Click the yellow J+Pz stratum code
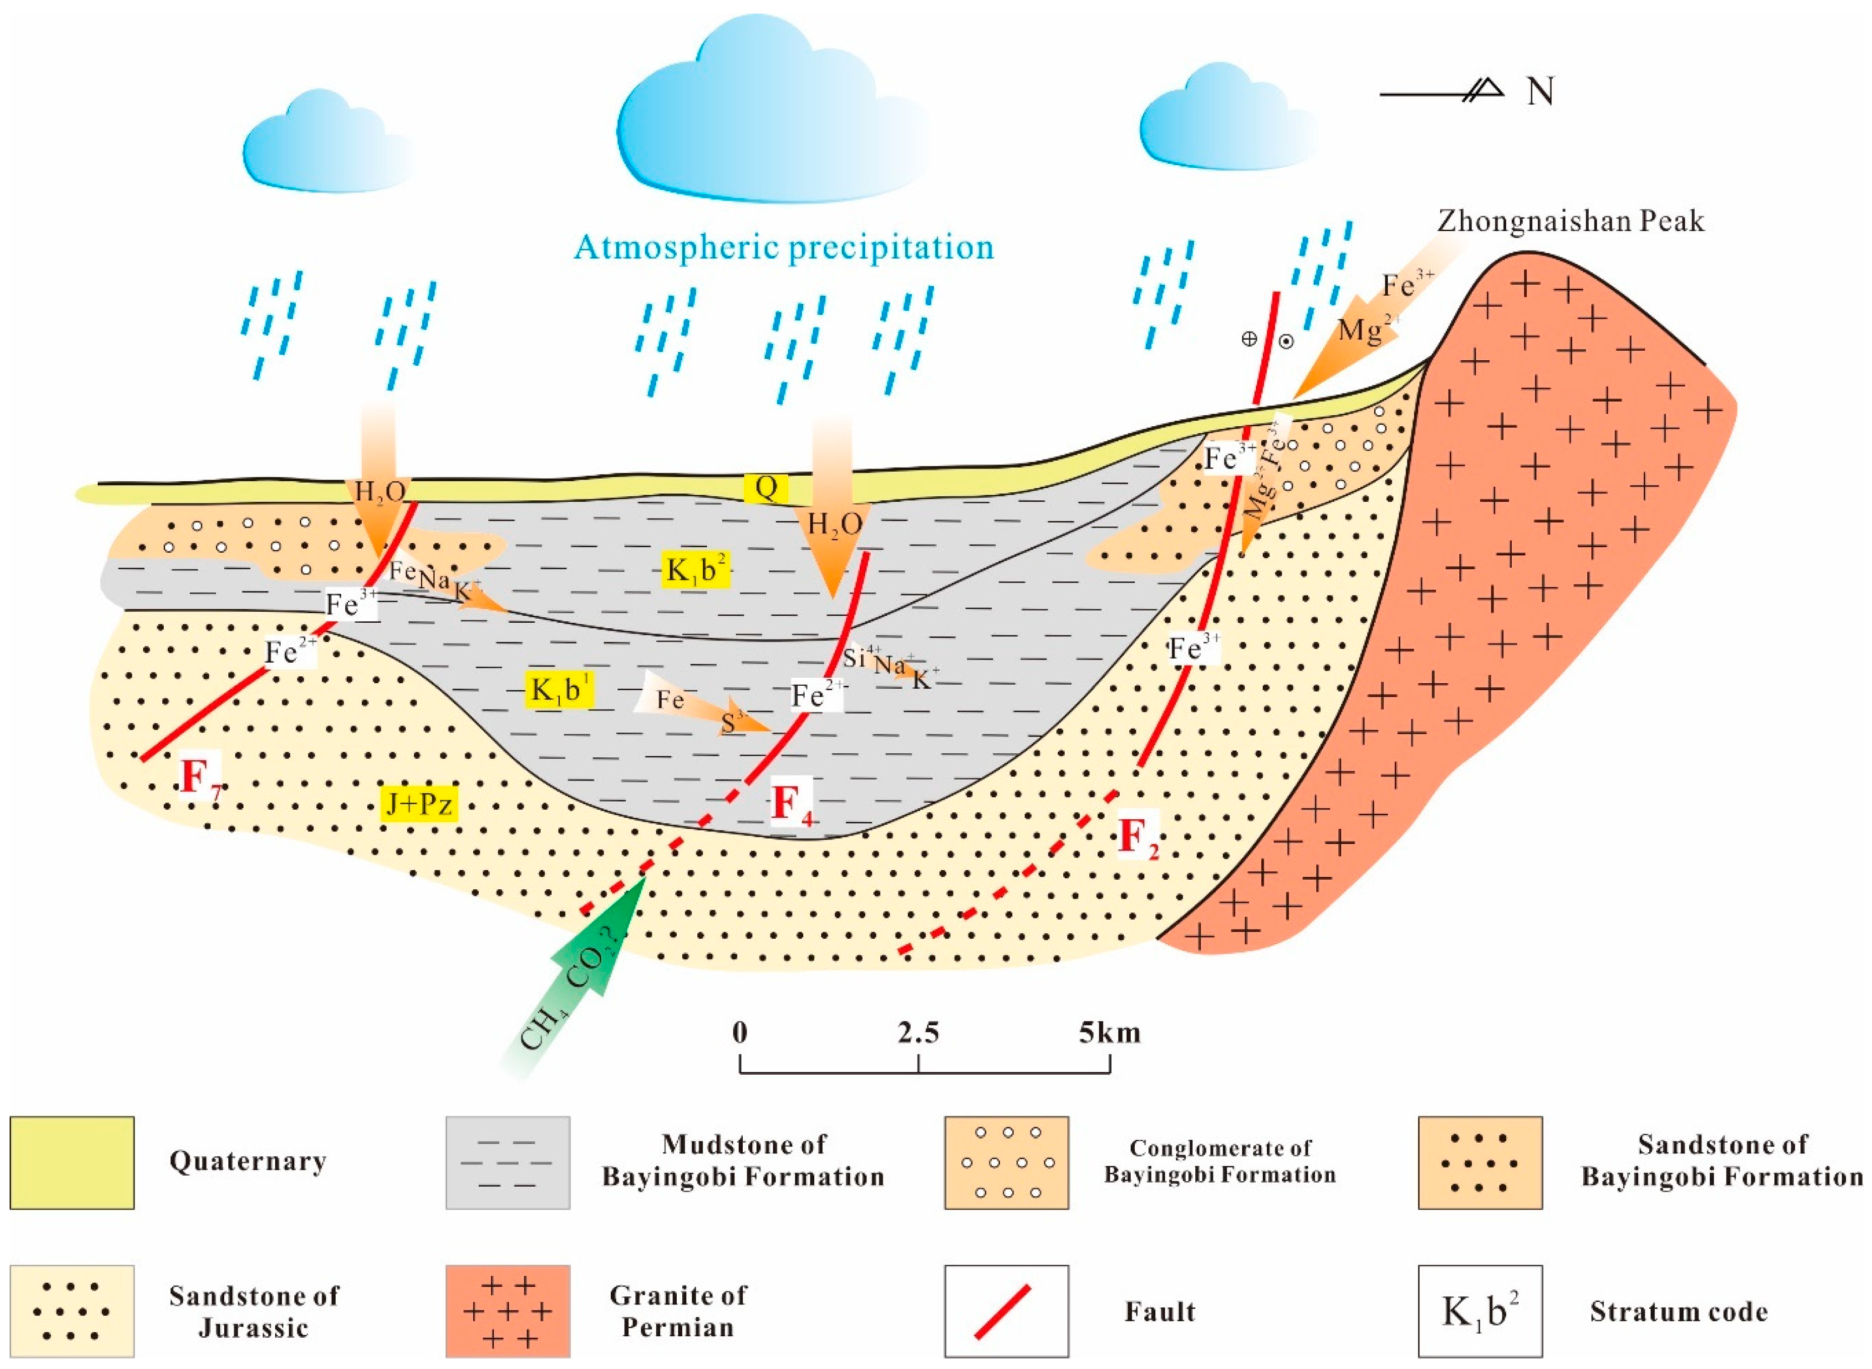[x=419, y=803]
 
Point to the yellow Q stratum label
[x=766, y=488]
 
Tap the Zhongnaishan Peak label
[x=1570, y=221]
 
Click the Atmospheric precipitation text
[x=783, y=247]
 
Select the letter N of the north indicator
[x=1540, y=92]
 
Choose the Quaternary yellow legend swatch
[x=72, y=1162]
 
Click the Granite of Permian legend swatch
[x=507, y=1310]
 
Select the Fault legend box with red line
[x=1006, y=1310]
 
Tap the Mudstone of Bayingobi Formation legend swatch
[x=507, y=1162]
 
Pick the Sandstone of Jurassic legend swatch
[x=72, y=1310]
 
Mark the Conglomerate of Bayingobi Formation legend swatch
[x=1006, y=1162]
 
